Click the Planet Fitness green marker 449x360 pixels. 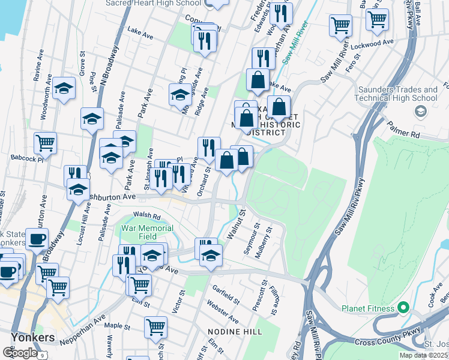403,308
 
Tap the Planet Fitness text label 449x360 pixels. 368,308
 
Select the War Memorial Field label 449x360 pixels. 147,232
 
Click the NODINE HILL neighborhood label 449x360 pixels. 232,331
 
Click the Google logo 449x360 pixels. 19,353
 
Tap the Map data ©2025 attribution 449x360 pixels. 423,355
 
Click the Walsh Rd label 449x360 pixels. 146,216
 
